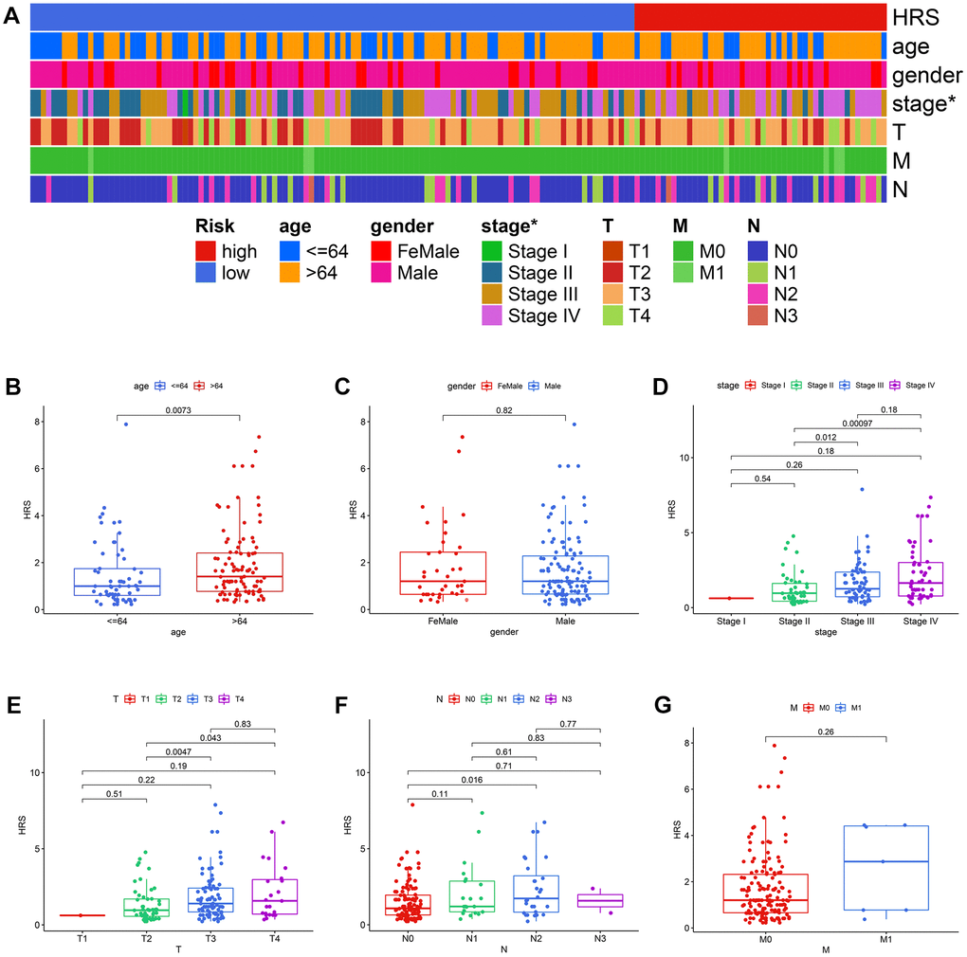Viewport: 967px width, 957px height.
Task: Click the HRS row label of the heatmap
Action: tap(913, 16)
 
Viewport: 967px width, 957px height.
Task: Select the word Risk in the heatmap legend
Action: tap(214, 227)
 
